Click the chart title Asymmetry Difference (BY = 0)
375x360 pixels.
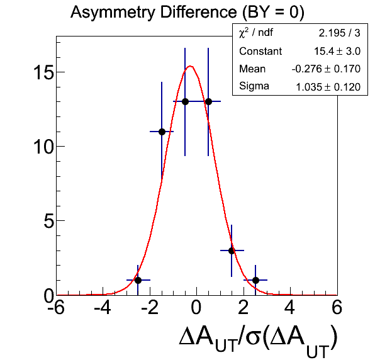[x=187, y=13]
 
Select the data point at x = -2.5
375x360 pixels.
[x=138, y=280]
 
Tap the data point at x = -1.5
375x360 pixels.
[x=162, y=132]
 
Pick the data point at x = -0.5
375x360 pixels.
[x=185, y=102]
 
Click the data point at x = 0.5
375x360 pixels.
[x=208, y=102]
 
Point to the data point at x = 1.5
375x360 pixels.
[x=232, y=250]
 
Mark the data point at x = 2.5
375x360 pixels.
[x=255, y=280]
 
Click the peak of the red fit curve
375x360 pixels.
[x=191, y=66]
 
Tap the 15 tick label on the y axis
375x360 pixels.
[x=43, y=72]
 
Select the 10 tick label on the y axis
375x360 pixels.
[x=43, y=147]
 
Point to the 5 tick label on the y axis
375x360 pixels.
[x=48, y=221]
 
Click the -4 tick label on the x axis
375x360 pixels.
[x=102, y=307]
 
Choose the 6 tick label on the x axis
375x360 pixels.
[x=337, y=307]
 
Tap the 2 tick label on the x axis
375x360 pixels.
[x=243, y=307]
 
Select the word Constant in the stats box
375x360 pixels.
[x=260, y=51]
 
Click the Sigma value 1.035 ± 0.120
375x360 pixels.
[x=328, y=87]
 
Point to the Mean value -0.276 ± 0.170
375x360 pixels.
[x=326, y=69]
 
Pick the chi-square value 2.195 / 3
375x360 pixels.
[x=339, y=33]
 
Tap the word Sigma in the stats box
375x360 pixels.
[x=254, y=86]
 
